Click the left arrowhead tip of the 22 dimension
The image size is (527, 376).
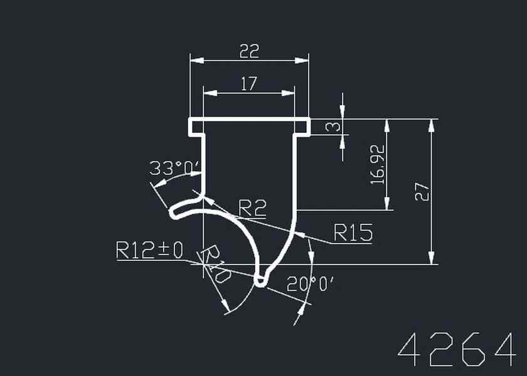click(x=190, y=60)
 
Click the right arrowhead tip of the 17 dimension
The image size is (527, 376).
click(x=294, y=93)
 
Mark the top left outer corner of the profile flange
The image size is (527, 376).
click(x=189, y=118)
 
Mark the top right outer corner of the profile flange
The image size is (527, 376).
click(x=310, y=118)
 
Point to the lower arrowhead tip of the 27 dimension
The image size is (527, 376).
click(x=432, y=264)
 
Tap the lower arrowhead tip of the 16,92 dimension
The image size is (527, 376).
click(x=387, y=210)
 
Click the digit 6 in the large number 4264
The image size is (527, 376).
click(x=476, y=349)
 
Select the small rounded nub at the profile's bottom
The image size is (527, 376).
click(x=261, y=280)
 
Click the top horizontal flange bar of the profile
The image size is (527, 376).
click(x=250, y=120)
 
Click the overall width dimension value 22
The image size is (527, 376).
click(x=250, y=51)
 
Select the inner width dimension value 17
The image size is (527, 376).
click(x=249, y=83)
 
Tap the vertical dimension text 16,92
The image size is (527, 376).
click(x=377, y=164)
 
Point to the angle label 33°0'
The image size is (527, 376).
click(x=174, y=168)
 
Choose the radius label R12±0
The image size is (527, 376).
click(x=149, y=250)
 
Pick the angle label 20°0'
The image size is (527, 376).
click(x=311, y=285)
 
